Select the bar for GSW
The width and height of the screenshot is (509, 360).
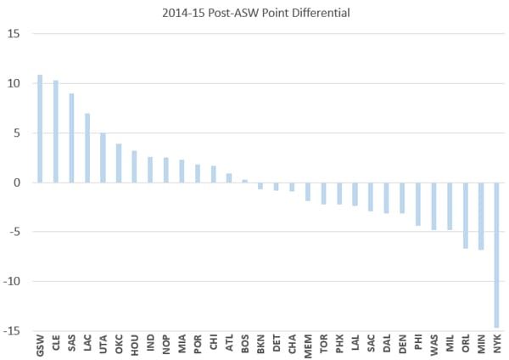point(40,128)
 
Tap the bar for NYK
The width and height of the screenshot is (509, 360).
point(497,255)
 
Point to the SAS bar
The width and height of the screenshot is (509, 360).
point(71,138)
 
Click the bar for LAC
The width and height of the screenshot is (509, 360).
point(87,148)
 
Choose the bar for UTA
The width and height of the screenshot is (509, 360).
point(103,157)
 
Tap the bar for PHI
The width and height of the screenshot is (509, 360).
point(418,204)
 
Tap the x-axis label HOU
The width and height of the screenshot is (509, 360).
point(134,346)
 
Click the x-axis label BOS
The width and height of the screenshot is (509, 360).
point(244,346)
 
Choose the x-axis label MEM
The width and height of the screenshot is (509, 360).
point(307,346)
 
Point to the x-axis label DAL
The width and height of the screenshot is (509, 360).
point(386,346)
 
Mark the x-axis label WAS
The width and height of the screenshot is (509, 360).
point(433,346)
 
